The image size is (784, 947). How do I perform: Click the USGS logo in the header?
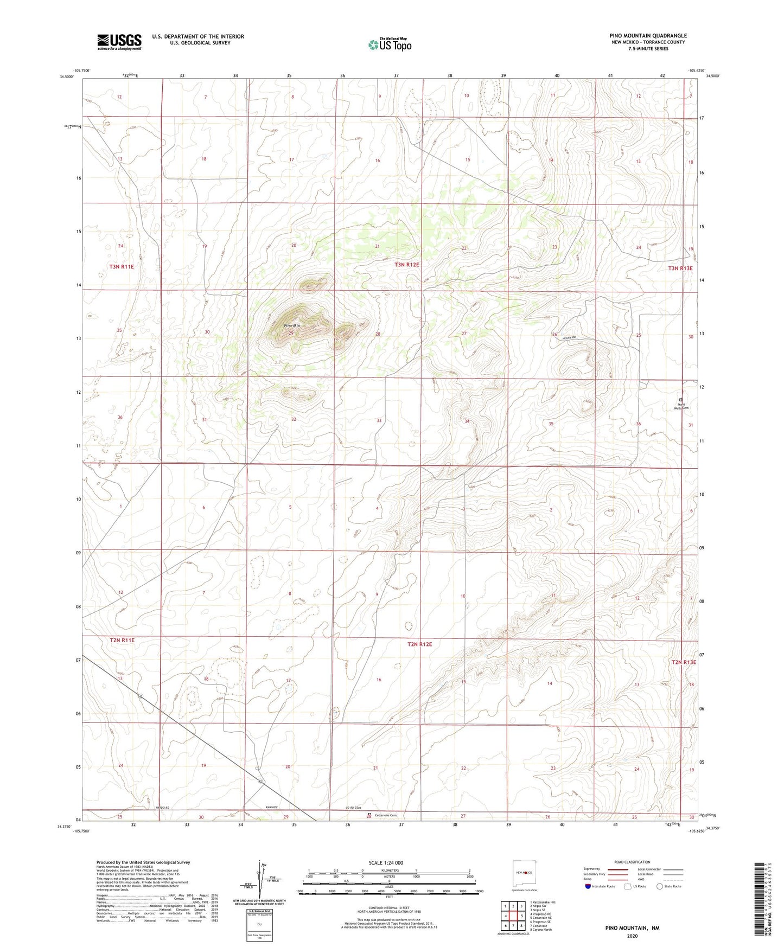coord(119,42)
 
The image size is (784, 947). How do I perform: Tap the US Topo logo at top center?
coord(389,44)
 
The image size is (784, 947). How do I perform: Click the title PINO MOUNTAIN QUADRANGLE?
coord(648,36)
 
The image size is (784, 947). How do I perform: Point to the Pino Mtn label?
coord(292,325)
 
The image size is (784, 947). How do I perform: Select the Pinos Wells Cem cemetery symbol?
coord(681,400)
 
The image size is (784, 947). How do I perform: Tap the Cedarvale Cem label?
coord(386,815)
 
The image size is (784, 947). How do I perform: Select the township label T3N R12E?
coord(407,265)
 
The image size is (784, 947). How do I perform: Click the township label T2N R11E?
coord(122,640)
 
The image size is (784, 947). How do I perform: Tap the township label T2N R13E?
coord(683,662)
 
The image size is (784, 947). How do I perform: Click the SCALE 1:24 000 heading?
coord(386,862)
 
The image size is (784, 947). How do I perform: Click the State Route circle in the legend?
coord(660,886)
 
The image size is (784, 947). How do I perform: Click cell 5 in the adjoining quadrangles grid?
coord(521,916)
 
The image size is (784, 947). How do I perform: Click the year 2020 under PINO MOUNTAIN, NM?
coord(632,936)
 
